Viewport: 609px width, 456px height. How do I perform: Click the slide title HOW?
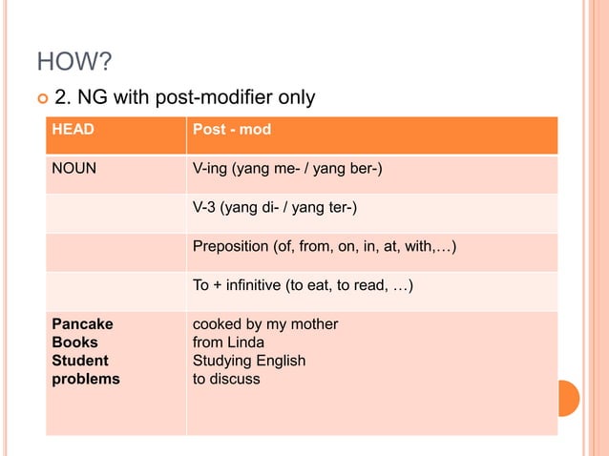pos(74,63)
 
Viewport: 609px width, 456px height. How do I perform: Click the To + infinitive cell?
pos(303,283)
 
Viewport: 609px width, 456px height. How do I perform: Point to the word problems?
pos(85,379)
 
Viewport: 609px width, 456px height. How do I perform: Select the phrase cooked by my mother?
pos(265,324)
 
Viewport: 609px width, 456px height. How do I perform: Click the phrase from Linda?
pos(228,342)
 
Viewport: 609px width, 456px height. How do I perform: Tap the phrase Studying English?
pos(249,361)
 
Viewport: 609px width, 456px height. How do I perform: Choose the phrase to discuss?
pos(226,379)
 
